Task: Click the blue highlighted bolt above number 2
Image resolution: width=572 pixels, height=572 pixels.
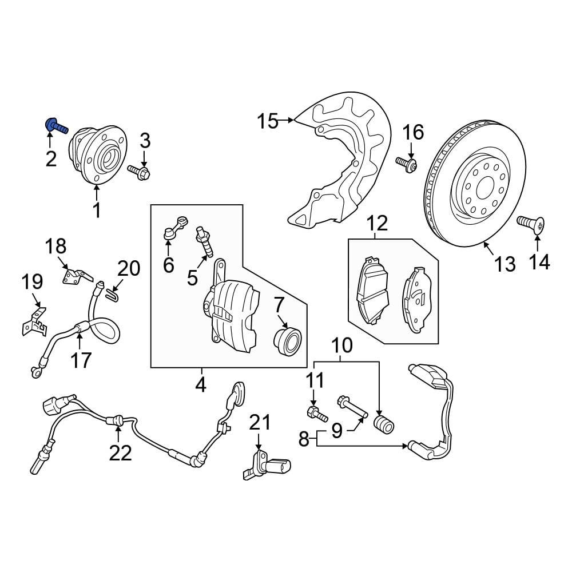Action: [54, 124]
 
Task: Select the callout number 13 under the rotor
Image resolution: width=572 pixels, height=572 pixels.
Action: [505, 264]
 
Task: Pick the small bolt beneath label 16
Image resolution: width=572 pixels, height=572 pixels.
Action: [407, 165]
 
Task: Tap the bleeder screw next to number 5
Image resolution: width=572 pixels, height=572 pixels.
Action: [205, 240]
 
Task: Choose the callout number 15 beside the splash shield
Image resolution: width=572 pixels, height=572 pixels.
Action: [267, 121]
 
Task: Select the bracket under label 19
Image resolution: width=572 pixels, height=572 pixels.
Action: [34, 323]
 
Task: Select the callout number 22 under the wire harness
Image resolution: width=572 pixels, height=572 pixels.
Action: [121, 452]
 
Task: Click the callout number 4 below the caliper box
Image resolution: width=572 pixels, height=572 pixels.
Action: [200, 386]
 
